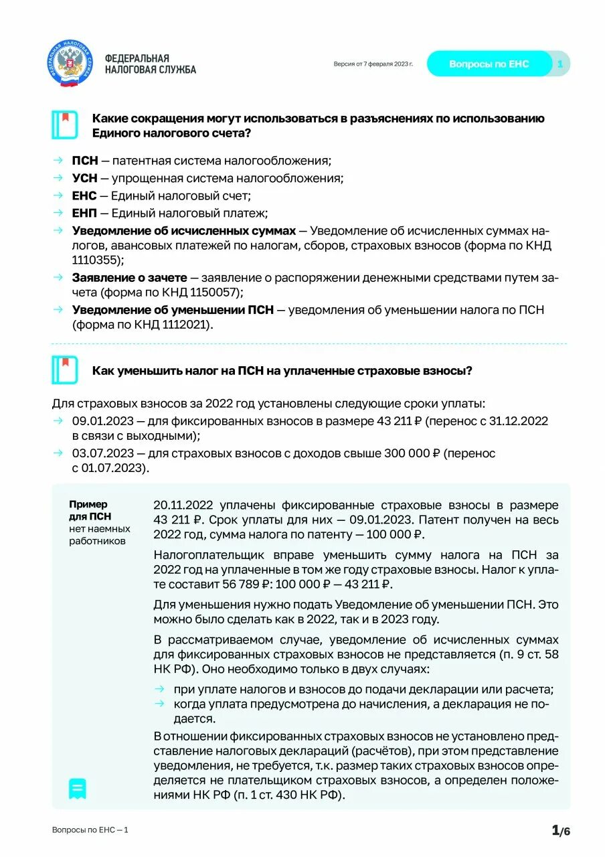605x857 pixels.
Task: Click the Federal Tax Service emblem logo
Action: [70, 64]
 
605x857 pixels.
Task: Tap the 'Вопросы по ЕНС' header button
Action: [489, 64]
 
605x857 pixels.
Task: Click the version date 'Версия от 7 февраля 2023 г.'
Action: [373, 64]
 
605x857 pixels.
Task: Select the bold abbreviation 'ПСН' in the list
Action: [85, 161]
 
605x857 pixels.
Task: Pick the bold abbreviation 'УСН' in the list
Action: [85, 178]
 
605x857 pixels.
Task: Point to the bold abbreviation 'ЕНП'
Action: [85, 213]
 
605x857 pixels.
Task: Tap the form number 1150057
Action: [212, 293]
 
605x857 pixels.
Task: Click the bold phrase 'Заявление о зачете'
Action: [131, 277]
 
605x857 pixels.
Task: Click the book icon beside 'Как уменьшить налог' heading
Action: [65, 370]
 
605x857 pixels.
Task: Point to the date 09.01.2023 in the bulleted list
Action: [102, 421]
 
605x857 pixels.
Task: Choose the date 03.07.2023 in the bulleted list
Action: [102, 453]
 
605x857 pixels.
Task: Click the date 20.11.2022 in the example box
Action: [183, 505]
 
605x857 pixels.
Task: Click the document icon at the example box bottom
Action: [78, 789]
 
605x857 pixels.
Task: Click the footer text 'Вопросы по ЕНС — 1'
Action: [90, 830]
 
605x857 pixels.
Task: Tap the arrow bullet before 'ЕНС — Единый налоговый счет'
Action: [58, 196]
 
